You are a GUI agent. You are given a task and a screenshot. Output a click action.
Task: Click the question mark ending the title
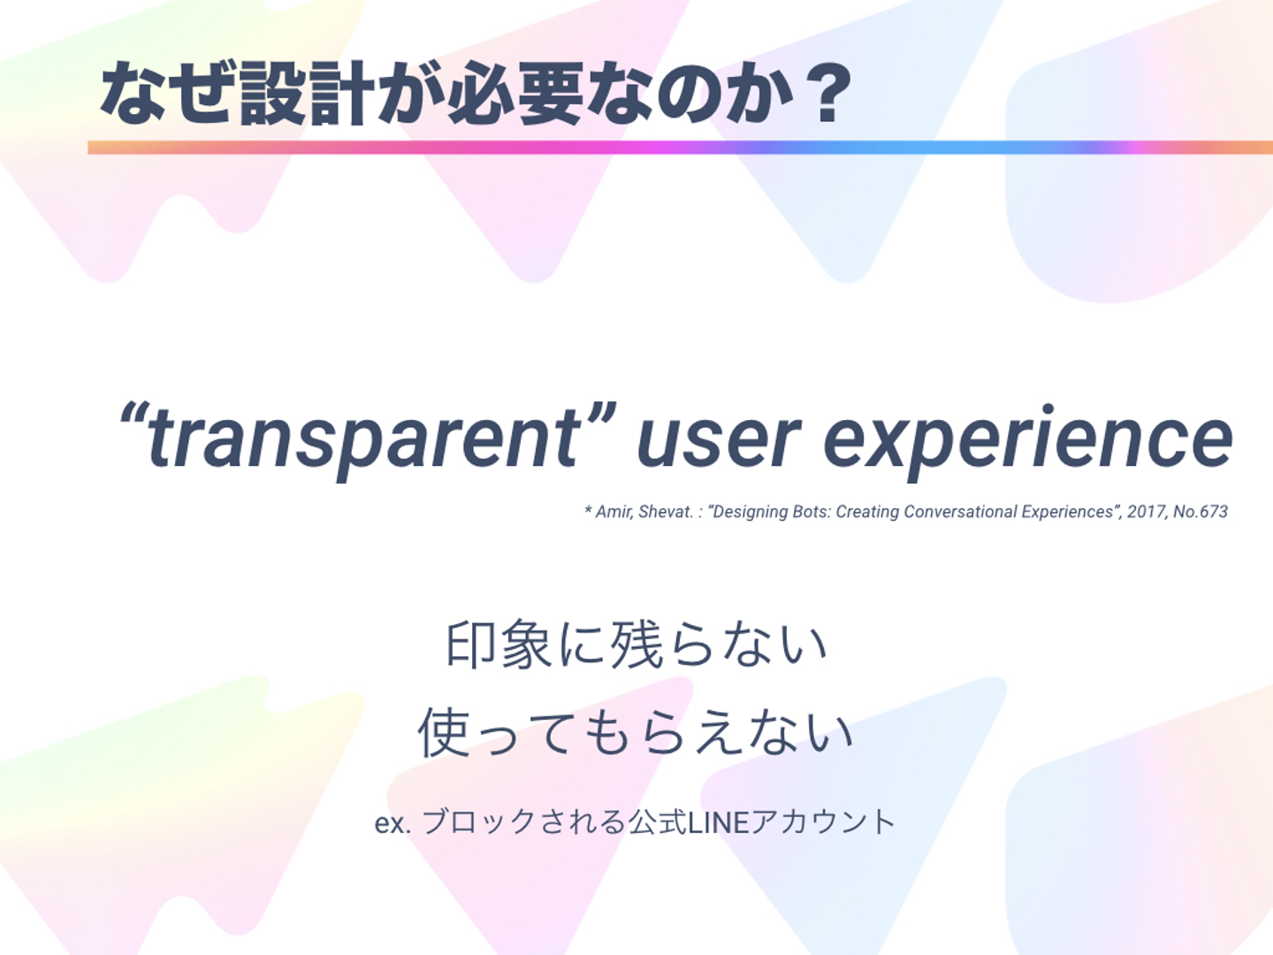[829, 93]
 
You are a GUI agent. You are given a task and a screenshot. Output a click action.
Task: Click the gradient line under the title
[681, 148]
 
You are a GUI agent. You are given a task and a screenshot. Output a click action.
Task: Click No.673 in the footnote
[1201, 511]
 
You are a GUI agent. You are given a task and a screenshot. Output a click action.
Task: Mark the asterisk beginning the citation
[588, 510]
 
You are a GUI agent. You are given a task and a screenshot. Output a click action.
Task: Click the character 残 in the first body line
[636, 645]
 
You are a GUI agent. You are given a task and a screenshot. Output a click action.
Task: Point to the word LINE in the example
[718, 822]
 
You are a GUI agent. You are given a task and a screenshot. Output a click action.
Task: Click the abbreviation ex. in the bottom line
[393, 823]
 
